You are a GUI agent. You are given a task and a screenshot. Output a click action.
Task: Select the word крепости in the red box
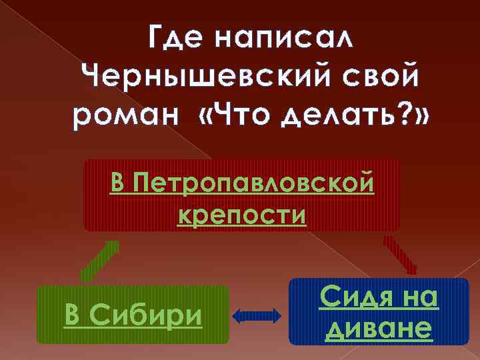(242, 215)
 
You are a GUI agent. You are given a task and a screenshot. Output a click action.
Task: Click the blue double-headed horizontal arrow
(259, 315)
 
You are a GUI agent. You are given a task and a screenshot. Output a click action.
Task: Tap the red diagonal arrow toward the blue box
(399, 255)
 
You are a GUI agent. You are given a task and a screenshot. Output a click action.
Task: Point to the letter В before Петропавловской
(119, 183)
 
